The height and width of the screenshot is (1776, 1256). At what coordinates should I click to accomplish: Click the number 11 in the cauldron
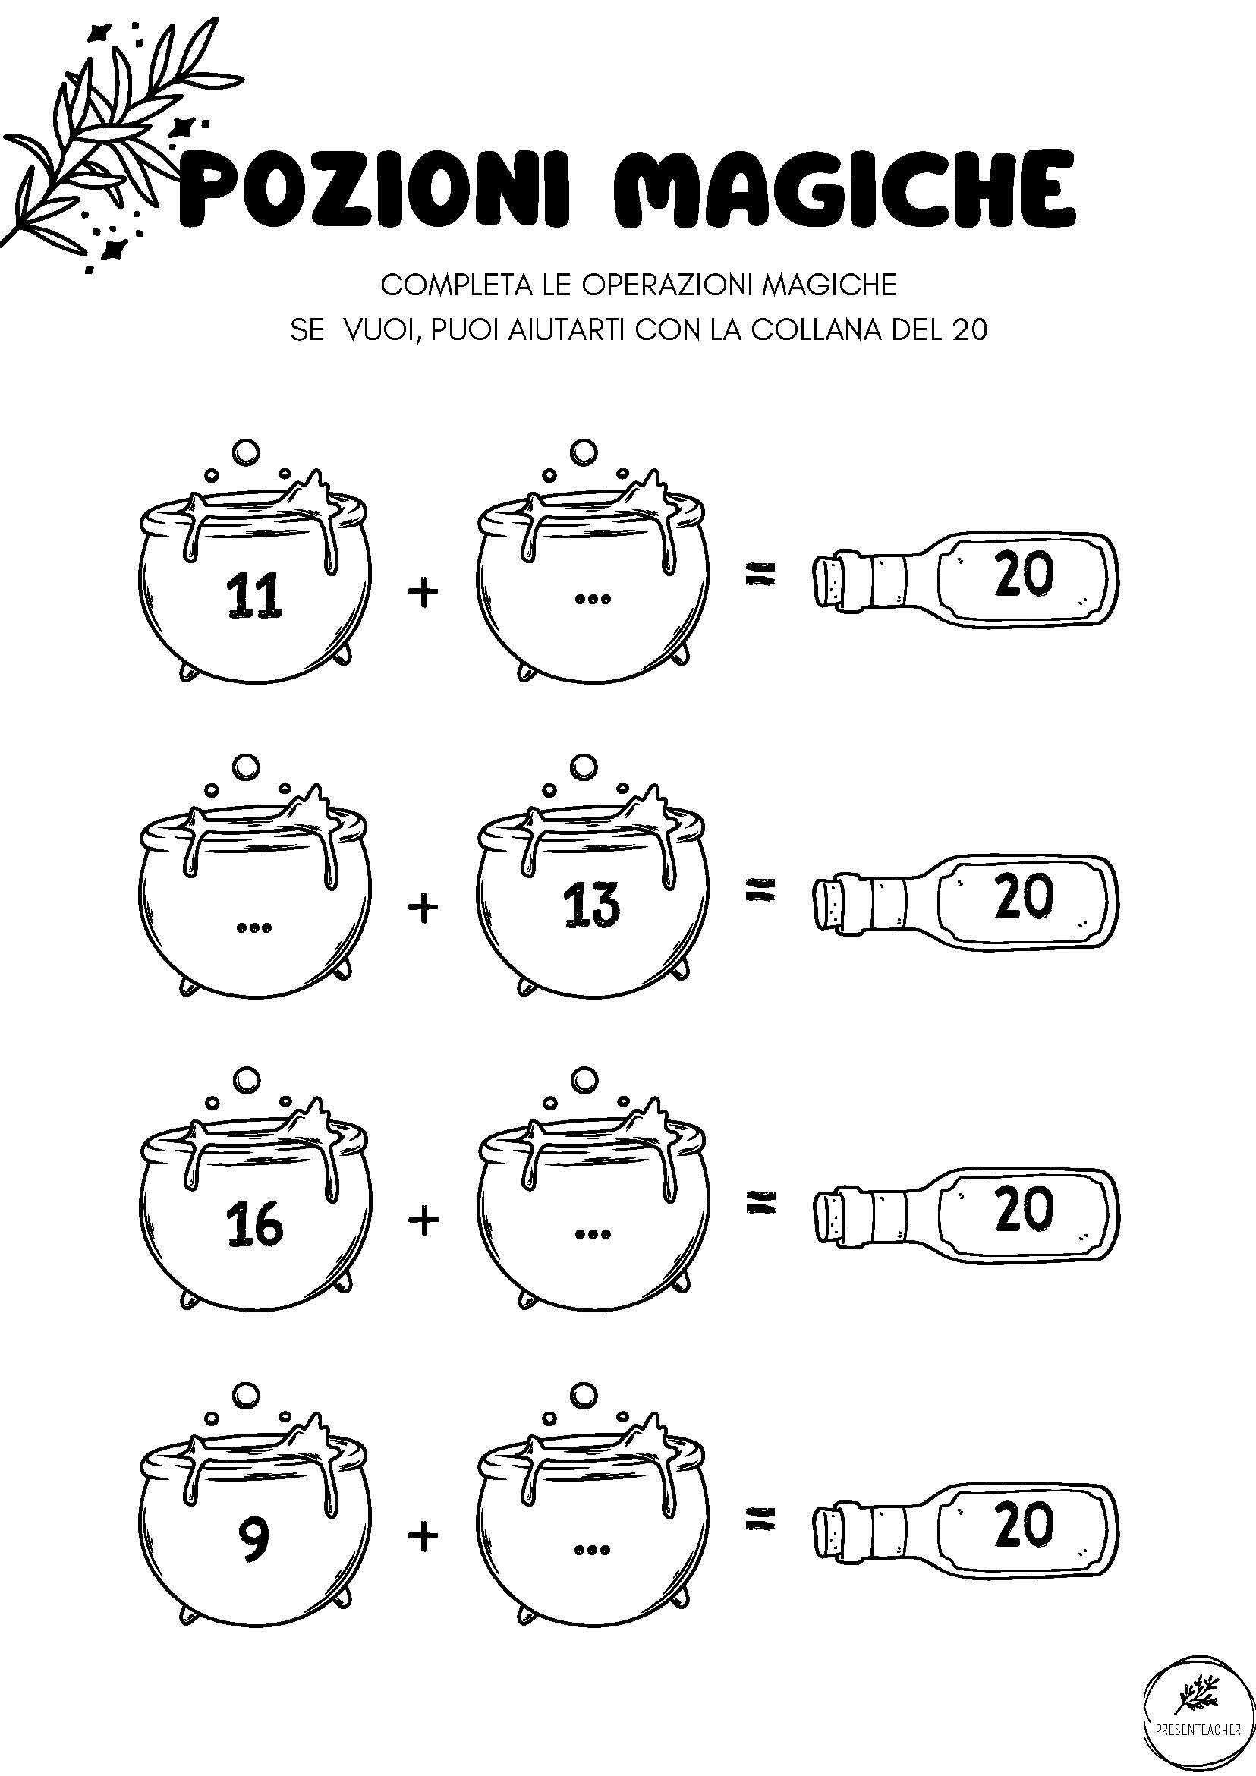tap(253, 598)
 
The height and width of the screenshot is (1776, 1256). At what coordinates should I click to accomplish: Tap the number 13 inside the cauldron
tap(591, 905)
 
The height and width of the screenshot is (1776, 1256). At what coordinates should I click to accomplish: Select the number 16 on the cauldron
tap(254, 1225)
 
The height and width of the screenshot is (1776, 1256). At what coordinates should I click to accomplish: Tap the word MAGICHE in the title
tap(845, 189)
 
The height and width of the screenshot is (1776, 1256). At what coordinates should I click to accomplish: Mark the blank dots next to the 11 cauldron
tap(593, 599)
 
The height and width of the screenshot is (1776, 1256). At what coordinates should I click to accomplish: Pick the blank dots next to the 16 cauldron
tap(593, 1236)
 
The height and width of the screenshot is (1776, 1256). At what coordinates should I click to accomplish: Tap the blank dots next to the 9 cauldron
tap(593, 1550)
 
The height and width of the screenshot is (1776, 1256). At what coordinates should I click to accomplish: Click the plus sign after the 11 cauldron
tap(423, 594)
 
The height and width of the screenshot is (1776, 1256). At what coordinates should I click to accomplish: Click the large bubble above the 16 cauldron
tap(247, 1081)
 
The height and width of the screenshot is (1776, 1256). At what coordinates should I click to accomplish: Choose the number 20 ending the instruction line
tap(970, 330)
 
